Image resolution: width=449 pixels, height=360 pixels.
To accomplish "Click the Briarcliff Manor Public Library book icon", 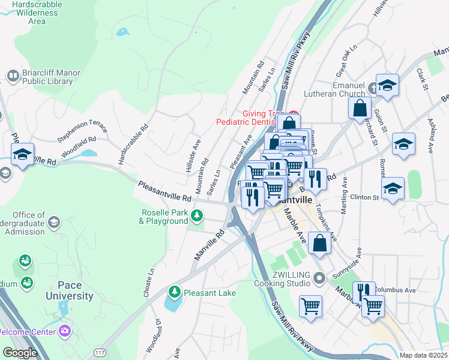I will (x=13, y=76).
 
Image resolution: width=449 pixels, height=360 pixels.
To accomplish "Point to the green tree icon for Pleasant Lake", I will (x=175, y=292).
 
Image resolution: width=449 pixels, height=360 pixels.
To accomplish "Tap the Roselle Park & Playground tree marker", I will (x=196, y=215).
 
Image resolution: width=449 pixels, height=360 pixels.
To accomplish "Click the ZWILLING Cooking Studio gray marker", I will (x=319, y=277).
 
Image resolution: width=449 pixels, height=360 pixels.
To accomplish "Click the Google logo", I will (x=19, y=353).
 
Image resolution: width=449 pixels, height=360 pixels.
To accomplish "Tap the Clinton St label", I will (x=364, y=197).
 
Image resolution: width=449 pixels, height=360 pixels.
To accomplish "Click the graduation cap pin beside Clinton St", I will (x=393, y=188).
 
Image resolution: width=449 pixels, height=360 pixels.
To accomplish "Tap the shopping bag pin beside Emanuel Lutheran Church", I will (x=359, y=108).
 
